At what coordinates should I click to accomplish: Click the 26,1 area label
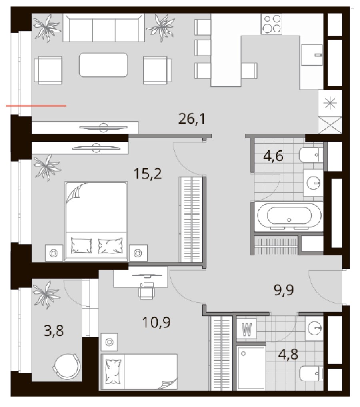click(193, 119)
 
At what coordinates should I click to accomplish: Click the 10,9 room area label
click(157, 321)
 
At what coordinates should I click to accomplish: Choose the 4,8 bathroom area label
click(288, 355)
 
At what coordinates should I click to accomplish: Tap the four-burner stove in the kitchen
click(272, 24)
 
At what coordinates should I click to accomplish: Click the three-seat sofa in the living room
click(104, 28)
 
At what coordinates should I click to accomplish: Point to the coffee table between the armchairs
click(104, 65)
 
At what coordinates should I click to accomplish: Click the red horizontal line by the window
click(36, 106)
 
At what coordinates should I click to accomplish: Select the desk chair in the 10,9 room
click(146, 291)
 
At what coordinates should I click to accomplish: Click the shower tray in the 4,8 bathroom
click(251, 367)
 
